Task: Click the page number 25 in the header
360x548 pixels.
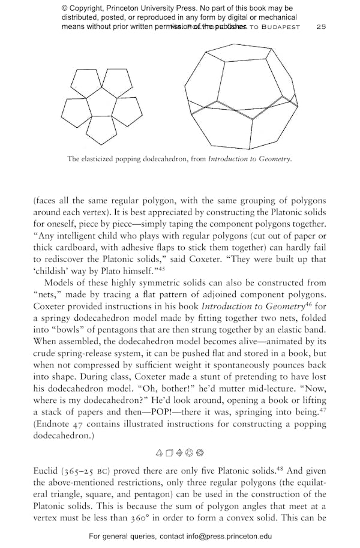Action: click(x=321, y=27)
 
